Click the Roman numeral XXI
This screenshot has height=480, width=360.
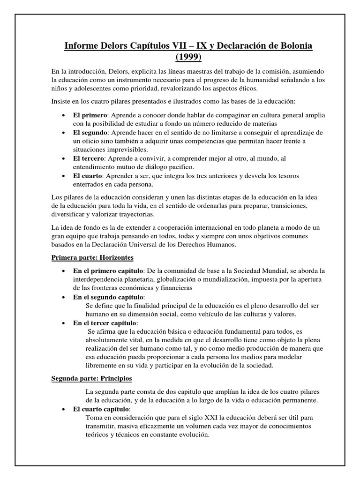click(x=230, y=418)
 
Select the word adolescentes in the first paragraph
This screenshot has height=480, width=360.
click(x=97, y=88)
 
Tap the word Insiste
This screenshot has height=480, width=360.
click(x=61, y=101)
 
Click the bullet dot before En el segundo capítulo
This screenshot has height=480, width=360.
click(x=64, y=297)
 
